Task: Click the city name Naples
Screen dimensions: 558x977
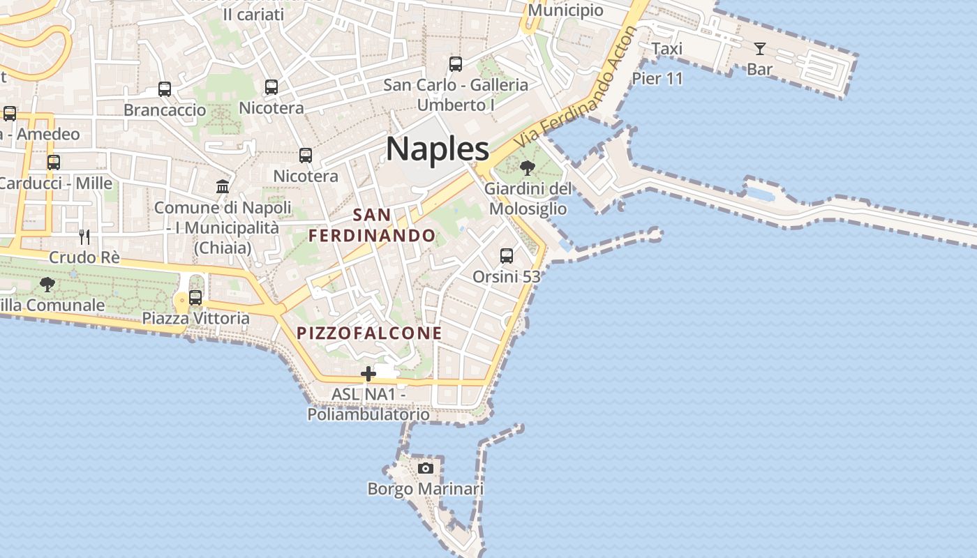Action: (x=438, y=149)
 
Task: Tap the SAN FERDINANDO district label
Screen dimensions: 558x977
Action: (x=372, y=225)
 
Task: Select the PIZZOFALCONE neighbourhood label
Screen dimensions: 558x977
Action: (x=369, y=333)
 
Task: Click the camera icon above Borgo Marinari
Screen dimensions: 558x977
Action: (x=425, y=468)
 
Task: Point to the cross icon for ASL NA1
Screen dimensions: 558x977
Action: (x=368, y=374)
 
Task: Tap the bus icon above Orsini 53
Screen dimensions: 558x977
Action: (x=507, y=256)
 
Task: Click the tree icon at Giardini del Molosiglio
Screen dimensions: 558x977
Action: (x=528, y=167)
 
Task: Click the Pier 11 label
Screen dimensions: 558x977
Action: (x=657, y=78)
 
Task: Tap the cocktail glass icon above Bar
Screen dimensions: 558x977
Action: (x=759, y=49)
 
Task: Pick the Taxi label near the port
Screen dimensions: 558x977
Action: (x=666, y=48)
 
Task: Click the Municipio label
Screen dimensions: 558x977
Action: (x=565, y=10)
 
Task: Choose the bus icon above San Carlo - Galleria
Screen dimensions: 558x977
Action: (x=456, y=64)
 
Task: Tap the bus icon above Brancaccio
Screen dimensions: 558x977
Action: (x=165, y=89)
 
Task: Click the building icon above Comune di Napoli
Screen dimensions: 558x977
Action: (x=223, y=186)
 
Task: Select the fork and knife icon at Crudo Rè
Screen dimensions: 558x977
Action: (x=84, y=236)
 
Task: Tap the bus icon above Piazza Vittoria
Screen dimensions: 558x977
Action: (x=195, y=298)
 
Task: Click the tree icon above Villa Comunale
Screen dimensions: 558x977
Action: (x=47, y=284)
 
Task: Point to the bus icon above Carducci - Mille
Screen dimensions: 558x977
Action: (x=54, y=163)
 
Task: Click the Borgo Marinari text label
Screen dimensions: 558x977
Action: (x=425, y=489)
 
